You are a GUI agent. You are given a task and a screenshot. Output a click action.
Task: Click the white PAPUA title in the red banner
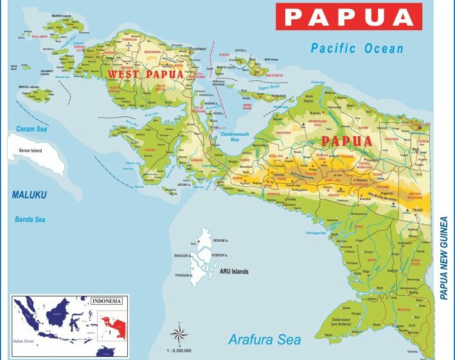coord(349,17)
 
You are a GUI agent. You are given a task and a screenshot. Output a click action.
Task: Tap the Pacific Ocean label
coord(357,48)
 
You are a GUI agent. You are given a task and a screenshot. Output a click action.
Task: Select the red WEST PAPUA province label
coord(145,74)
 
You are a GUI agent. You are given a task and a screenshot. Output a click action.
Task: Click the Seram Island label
coord(28,150)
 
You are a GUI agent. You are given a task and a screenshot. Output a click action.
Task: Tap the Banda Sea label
coord(30,219)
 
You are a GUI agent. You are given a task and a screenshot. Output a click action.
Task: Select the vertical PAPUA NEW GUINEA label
coord(443,257)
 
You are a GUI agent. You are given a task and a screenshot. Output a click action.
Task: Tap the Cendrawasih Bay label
coord(234,137)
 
